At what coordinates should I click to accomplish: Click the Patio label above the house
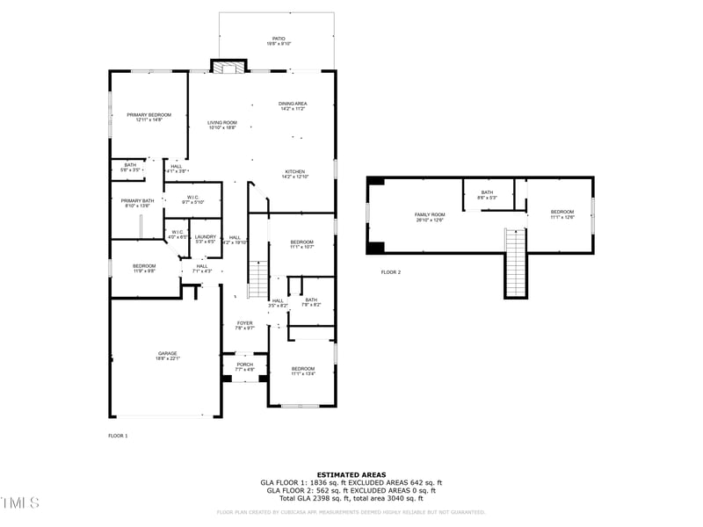pos(279,40)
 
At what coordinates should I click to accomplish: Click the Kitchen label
pos(294,173)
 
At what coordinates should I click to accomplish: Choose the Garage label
pos(168,355)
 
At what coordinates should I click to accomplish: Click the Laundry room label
pos(206,238)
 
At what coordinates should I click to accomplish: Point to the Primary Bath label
pos(137,203)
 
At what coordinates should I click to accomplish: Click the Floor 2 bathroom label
pos(487,194)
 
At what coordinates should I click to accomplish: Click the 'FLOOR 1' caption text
pos(118,436)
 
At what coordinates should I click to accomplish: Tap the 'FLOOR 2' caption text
pos(391,272)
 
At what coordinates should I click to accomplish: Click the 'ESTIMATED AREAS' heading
pos(351,474)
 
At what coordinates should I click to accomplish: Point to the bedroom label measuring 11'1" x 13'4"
pos(303,371)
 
